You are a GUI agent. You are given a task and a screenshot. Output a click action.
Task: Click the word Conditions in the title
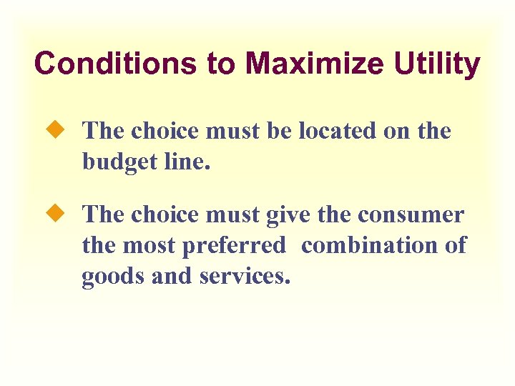click(x=115, y=64)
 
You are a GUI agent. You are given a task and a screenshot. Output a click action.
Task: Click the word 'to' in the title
click(x=220, y=64)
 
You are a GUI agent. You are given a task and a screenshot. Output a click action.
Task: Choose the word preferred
click(x=234, y=246)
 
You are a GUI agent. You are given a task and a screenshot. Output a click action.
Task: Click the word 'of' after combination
click(x=455, y=245)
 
